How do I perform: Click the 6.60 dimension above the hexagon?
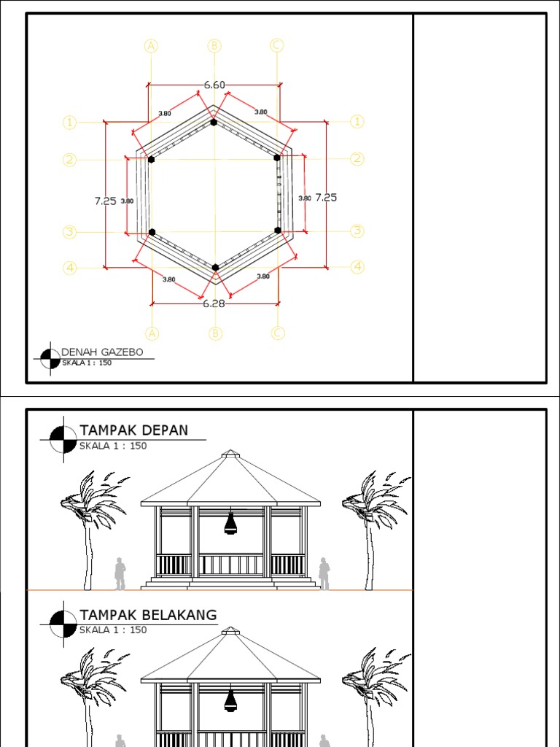(x=214, y=85)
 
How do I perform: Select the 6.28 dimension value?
(x=214, y=303)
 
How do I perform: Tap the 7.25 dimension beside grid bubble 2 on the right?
(x=326, y=197)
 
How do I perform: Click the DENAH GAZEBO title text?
(x=102, y=352)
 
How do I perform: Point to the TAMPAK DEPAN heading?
(x=133, y=430)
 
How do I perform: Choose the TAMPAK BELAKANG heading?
(x=148, y=615)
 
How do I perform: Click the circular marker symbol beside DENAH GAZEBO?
(x=50, y=357)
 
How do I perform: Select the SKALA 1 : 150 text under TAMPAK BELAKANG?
(x=113, y=630)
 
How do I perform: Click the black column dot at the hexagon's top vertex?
(x=214, y=122)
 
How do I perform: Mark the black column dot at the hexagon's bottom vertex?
(x=215, y=268)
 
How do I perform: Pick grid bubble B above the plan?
(x=214, y=45)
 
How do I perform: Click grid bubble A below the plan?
(x=152, y=333)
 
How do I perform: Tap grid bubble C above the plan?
(x=276, y=45)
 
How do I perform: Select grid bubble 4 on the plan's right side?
(x=357, y=267)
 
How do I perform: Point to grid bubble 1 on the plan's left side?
(x=69, y=123)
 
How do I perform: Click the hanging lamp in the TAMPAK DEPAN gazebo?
(x=230, y=522)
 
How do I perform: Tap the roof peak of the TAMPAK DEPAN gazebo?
(x=230, y=454)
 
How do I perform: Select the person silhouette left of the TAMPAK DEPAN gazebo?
(x=120, y=573)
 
